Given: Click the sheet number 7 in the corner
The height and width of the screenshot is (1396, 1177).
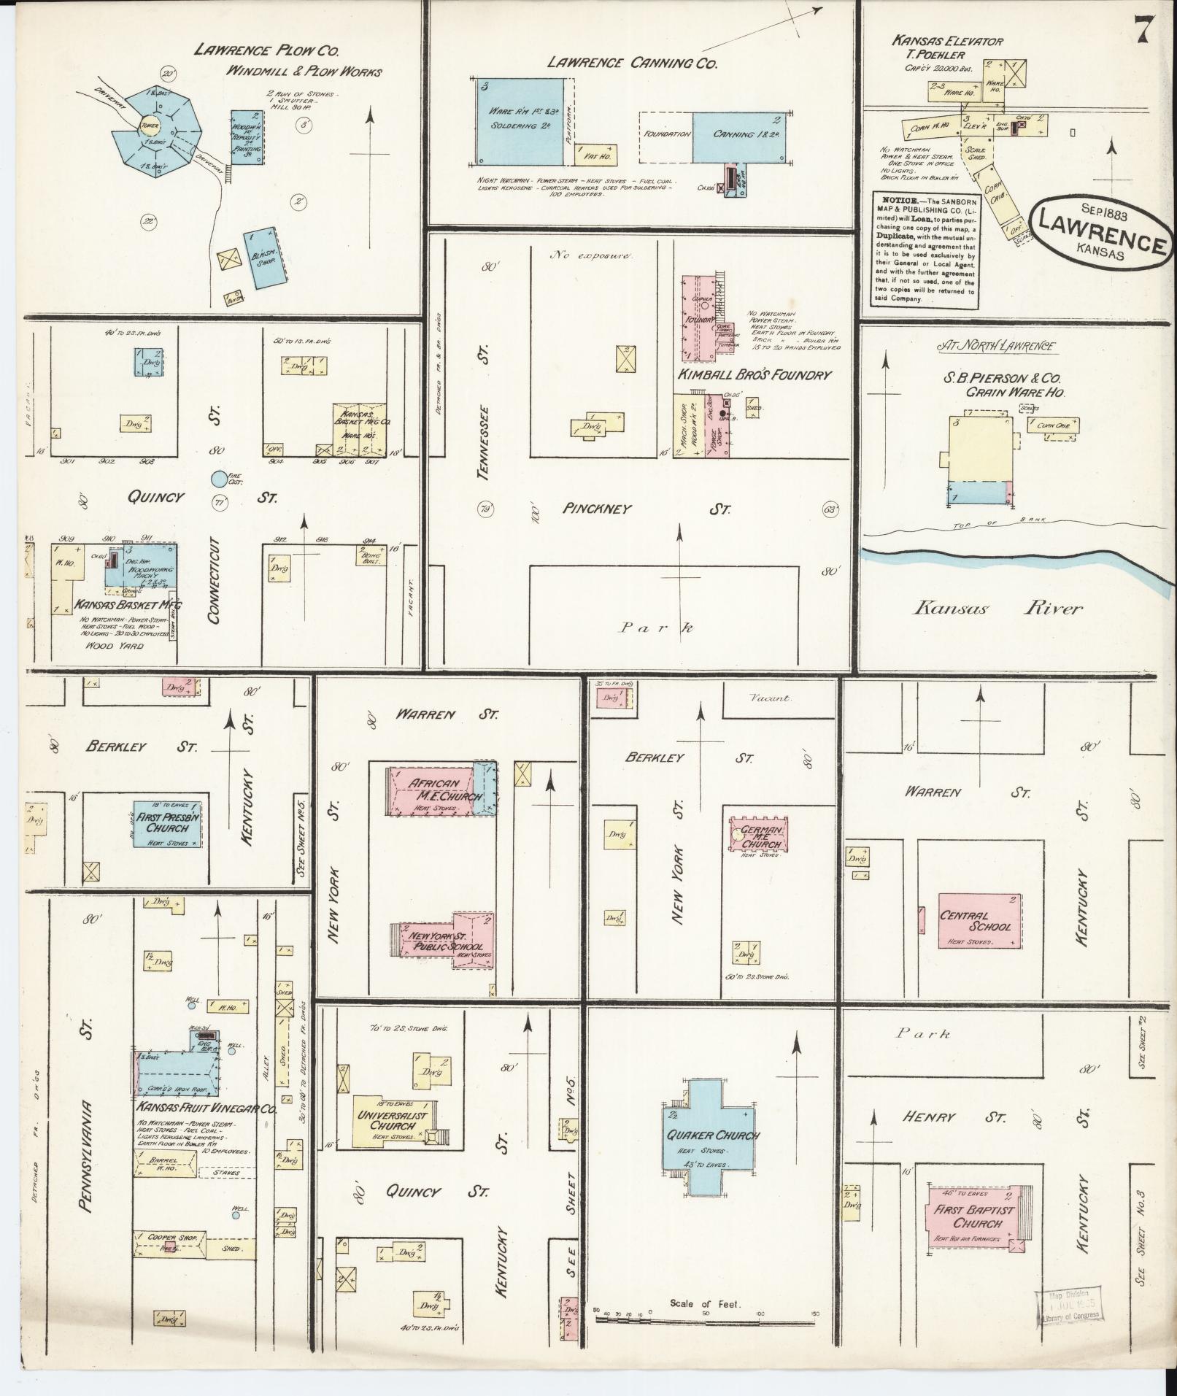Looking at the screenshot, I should (1143, 31).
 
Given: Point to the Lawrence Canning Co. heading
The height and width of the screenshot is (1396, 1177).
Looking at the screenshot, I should (632, 63).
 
